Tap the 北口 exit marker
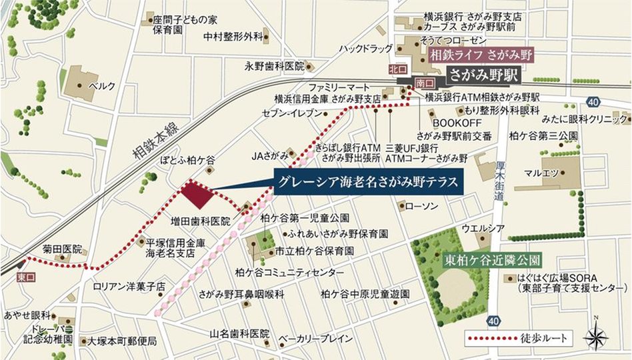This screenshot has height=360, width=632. (x=397, y=69)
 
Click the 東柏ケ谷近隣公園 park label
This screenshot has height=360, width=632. (x=491, y=259)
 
